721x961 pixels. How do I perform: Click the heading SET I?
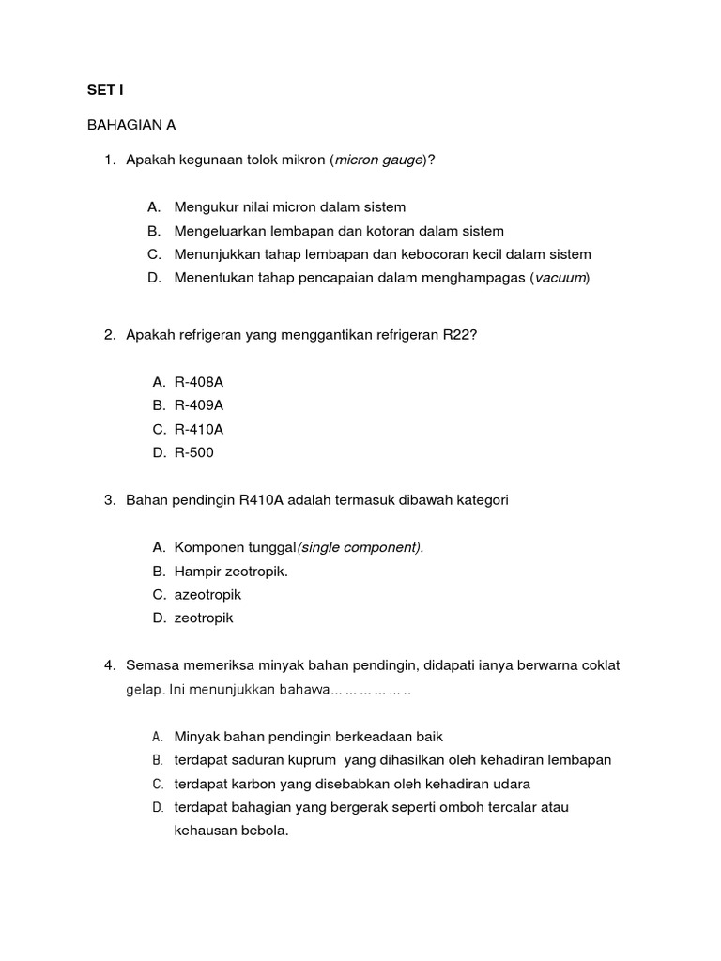pyautogui.click(x=105, y=91)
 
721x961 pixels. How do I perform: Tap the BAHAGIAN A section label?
pyautogui.click(x=131, y=125)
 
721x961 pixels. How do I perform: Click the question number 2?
pyautogui.click(x=109, y=335)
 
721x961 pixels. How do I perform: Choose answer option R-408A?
pyautogui.click(x=199, y=382)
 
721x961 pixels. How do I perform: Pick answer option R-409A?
pyautogui.click(x=199, y=405)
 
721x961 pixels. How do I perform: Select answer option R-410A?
pyautogui.click(x=199, y=429)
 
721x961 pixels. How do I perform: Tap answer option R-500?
pyautogui.click(x=194, y=452)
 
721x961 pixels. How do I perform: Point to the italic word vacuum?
pyautogui.click(x=560, y=277)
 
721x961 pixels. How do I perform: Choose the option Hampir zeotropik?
pyautogui.click(x=231, y=571)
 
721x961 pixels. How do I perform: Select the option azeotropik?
pyautogui.click(x=207, y=594)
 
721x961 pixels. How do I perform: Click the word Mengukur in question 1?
pyautogui.click(x=207, y=206)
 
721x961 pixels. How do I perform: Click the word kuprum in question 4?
pyautogui.click(x=305, y=760)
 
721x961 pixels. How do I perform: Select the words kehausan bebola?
pyautogui.click(x=230, y=831)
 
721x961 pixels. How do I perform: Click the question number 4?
pyautogui.click(x=109, y=665)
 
